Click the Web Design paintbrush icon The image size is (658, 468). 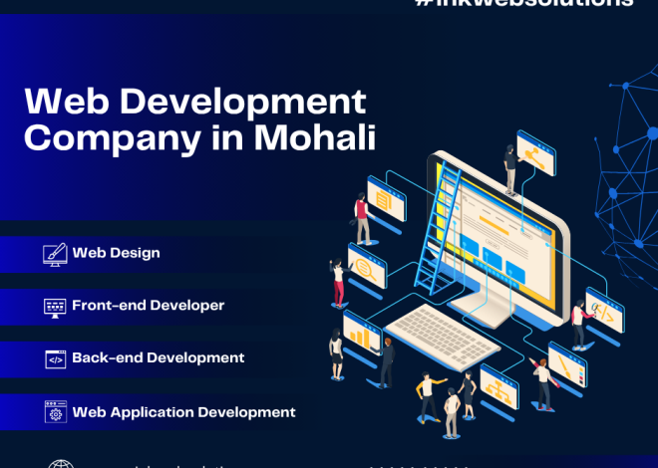tap(55, 254)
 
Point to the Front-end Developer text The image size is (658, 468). tap(148, 306)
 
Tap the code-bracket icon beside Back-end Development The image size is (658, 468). tap(55, 358)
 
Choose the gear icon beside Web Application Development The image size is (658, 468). tap(55, 411)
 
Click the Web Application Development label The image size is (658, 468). tap(183, 411)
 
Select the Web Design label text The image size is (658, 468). tap(116, 253)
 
